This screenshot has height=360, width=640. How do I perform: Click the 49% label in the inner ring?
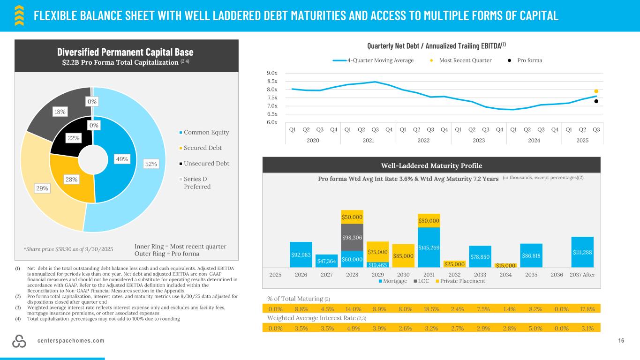pos(122,159)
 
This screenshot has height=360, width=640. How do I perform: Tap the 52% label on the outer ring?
pos(151,164)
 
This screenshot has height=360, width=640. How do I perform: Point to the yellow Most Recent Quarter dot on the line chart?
pos(596,91)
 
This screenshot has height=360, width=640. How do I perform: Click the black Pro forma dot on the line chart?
pos(596,101)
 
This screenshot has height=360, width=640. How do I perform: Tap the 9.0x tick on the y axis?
pos(272,73)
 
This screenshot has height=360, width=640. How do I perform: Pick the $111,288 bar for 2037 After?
pos(583,252)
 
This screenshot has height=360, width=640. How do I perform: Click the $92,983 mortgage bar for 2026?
pos(301,255)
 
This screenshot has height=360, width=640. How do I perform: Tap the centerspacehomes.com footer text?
pos(71,340)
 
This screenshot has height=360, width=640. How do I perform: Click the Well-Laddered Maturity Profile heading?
pos(432,165)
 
